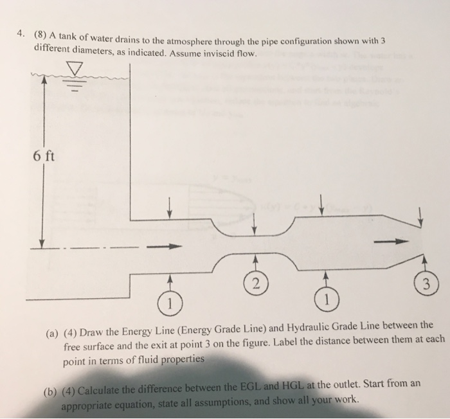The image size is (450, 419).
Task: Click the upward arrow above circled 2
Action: [x=255, y=262]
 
